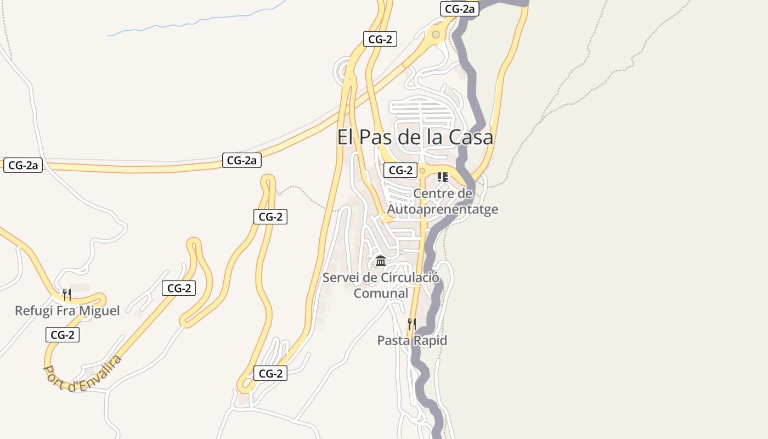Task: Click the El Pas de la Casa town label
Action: tap(415, 137)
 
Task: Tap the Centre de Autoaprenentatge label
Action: tap(443, 201)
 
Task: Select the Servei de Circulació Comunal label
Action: tap(381, 285)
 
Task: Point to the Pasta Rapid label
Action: tap(412, 341)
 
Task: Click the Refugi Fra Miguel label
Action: tap(67, 311)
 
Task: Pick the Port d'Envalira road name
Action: tap(82, 374)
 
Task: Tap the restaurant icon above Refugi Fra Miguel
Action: tap(66, 295)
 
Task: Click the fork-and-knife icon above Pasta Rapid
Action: tap(412, 324)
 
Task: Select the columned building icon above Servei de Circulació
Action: tap(381, 261)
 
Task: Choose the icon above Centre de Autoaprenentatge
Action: tap(443, 177)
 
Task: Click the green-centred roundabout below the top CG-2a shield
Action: tap(436, 35)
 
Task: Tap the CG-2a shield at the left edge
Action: tap(23, 165)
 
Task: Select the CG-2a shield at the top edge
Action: tap(460, 9)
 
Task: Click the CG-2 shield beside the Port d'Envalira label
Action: tap(63, 335)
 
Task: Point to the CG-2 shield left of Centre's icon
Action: tap(400, 170)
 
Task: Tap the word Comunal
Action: tap(381, 293)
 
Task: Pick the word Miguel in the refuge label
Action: tap(99, 311)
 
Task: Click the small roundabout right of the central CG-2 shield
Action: tap(422, 171)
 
